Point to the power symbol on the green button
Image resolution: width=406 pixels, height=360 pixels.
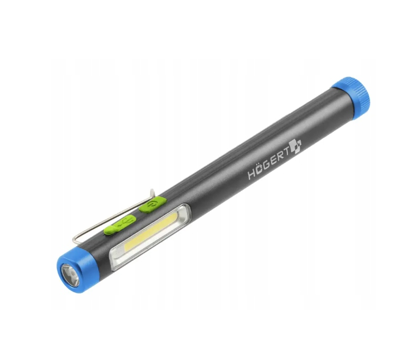pyautogui.click(x=152, y=204)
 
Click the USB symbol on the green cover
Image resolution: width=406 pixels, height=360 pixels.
pyautogui.click(x=126, y=223)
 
